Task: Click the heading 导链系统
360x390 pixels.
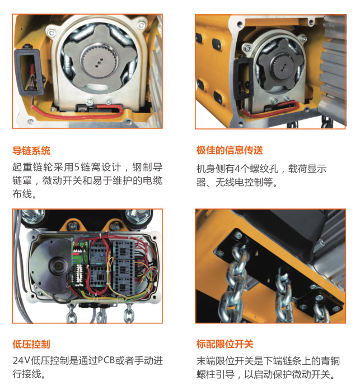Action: [31, 151]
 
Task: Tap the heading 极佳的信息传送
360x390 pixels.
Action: [230, 150]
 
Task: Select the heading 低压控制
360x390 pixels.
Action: [31, 344]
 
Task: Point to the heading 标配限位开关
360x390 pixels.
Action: [225, 344]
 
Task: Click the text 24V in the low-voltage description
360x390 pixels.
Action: [21, 360]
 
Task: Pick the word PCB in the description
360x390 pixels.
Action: [106, 360]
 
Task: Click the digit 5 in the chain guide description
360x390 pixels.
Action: [77, 167]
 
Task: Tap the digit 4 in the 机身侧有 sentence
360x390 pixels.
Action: [237, 169]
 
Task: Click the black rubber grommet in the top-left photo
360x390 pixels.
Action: [28, 72]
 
